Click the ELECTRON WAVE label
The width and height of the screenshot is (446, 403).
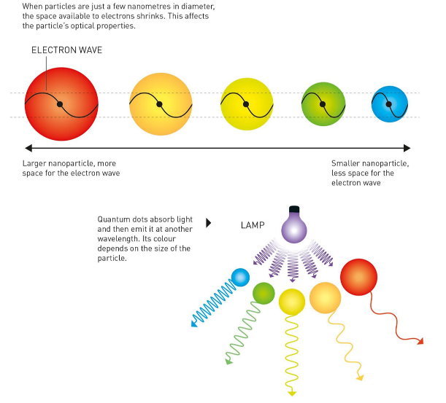click(x=67, y=50)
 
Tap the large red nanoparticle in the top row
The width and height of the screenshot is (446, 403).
click(x=61, y=105)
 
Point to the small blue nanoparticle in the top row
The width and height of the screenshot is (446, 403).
click(x=388, y=105)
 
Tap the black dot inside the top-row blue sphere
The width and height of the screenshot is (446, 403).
click(x=388, y=104)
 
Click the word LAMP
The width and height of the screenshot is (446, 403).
click(x=252, y=224)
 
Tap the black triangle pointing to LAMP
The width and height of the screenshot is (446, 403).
click(x=209, y=224)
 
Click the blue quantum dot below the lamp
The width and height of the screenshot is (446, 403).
click(x=240, y=277)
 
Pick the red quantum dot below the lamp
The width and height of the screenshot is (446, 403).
click(x=359, y=277)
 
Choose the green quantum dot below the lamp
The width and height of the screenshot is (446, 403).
click(x=264, y=293)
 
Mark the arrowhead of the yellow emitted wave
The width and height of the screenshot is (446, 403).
click(x=292, y=393)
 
